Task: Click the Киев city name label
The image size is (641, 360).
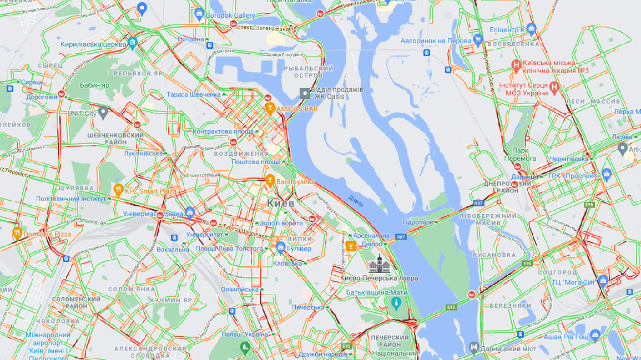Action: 280,204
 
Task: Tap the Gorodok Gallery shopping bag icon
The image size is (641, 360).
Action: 199,13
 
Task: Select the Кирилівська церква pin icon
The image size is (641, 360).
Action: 132,42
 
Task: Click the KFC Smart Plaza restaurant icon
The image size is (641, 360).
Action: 118,190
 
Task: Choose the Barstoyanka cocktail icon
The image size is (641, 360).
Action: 270,180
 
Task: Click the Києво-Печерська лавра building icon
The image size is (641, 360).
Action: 380,263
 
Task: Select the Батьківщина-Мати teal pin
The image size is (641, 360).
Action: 396,303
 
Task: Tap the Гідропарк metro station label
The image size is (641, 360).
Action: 417,222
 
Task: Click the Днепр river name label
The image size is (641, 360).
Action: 356,200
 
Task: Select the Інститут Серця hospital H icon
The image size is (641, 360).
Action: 553,87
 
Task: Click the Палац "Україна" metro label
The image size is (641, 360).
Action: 245,334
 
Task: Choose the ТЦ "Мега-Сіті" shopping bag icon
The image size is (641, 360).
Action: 603,281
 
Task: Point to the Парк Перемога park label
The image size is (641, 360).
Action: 524,154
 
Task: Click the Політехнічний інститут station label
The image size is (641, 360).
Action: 70,199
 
